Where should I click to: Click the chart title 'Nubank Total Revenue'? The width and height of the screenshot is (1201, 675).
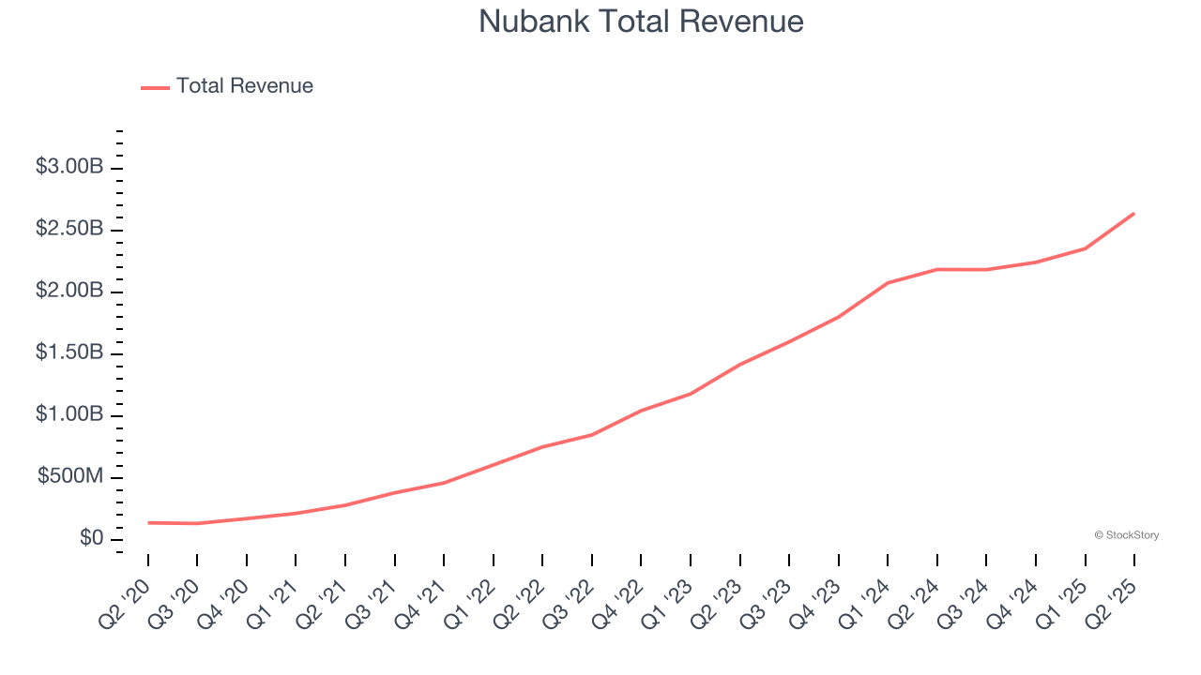pos(641,22)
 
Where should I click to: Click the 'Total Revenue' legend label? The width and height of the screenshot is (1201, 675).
pos(244,86)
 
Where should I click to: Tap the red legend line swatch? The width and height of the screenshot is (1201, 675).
pos(155,87)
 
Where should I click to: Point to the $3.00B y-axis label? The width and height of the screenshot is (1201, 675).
pos(68,168)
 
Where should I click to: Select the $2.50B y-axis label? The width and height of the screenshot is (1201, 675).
pos(68,230)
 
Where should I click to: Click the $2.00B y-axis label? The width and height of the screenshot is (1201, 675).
pos(68,292)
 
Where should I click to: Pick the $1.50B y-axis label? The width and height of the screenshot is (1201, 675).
pos(68,353)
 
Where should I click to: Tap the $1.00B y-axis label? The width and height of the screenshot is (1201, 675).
pos(68,415)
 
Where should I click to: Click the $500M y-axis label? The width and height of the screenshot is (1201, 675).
pos(70,477)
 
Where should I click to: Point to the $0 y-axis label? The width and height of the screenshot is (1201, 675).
pos(91,539)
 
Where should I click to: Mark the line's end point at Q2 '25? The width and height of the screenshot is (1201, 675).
pos(1134,214)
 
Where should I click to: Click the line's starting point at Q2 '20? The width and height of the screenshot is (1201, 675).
pos(148,522)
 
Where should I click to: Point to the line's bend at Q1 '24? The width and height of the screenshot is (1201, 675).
pos(888,282)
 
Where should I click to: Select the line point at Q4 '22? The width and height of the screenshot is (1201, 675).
pos(641,410)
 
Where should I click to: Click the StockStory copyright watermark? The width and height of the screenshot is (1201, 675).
pos(1126,535)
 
